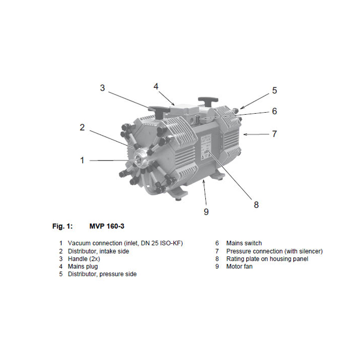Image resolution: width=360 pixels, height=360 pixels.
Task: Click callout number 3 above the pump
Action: point(102,88)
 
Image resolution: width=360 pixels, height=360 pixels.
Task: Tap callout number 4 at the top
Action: point(156,86)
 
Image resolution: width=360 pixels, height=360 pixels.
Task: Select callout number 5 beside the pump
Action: point(275,91)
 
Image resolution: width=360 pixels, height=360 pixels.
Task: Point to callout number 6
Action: point(275,111)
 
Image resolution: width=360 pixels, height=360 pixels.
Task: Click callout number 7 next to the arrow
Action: point(275,134)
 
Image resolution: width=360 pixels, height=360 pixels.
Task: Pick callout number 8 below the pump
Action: point(256,205)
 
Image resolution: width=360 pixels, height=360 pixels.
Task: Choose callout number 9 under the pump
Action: point(206,212)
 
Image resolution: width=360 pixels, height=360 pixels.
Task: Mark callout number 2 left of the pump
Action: point(82,128)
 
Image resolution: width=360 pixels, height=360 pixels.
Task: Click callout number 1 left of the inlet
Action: point(82,160)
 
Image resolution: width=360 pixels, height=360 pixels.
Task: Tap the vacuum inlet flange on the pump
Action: point(140,158)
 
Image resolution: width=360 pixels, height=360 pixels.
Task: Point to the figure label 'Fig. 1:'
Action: point(62,226)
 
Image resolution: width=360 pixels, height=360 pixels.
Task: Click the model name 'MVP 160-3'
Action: point(107,226)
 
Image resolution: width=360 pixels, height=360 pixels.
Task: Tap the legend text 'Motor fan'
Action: point(239,266)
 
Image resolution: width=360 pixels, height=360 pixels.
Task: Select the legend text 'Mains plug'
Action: point(83,266)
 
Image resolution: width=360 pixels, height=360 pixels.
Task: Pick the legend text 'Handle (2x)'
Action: point(84,259)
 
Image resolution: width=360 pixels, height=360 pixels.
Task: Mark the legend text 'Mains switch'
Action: point(244,243)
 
